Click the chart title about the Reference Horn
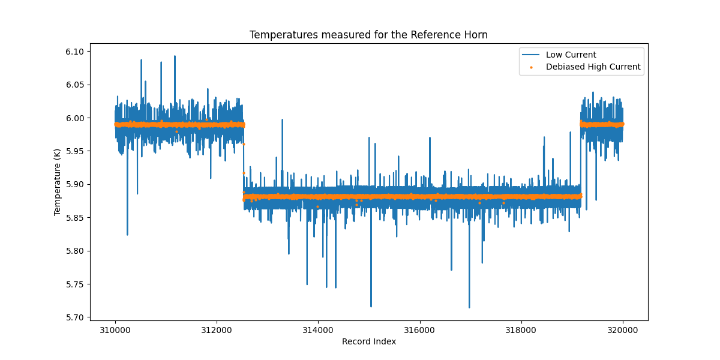368,35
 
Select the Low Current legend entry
571,55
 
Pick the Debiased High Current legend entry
593,67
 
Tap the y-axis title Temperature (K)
58,182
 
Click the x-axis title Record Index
369,341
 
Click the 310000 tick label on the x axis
115,329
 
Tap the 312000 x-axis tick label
217,329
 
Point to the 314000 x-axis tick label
318,329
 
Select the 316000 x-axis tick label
419,329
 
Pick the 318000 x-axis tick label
521,329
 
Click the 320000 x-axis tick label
622,329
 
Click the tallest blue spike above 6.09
175,56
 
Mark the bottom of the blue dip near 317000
469,307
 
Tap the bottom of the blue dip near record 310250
127,235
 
